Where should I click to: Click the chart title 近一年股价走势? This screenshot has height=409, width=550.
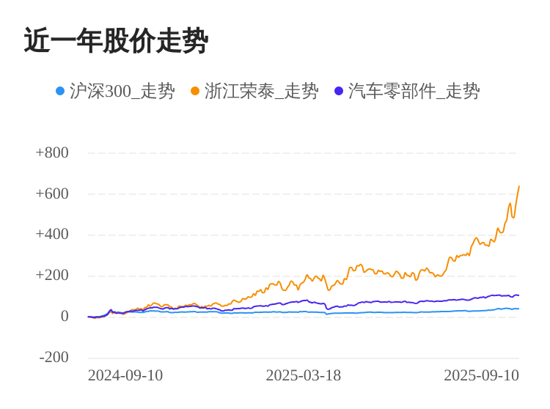[116, 41]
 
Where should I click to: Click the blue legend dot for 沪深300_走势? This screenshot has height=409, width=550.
[60, 91]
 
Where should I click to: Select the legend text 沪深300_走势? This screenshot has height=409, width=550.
[122, 91]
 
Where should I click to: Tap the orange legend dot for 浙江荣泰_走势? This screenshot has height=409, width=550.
[195, 91]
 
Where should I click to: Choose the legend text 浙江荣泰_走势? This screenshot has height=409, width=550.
[261, 91]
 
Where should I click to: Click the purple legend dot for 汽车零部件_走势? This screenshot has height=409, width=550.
[339, 91]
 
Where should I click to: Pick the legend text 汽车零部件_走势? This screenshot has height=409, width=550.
[414, 91]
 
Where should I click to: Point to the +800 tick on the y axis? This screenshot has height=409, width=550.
[52, 152]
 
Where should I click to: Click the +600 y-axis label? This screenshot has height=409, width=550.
[52, 194]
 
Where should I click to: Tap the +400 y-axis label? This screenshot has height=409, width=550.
[52, 235]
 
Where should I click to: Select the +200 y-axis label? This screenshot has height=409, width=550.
[52, 276]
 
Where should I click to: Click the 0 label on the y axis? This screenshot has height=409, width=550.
[65, 317]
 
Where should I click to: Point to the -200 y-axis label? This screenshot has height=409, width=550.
[54, 358]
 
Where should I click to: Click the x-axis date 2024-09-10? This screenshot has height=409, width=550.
[125, 376]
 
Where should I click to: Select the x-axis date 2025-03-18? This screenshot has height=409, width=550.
[304, 376]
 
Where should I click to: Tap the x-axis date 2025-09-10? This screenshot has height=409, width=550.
[481, 376]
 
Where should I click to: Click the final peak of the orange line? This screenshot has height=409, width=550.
[518, 186]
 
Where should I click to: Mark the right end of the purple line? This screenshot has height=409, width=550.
[518, 295]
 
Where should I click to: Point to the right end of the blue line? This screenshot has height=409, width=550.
[518, 309]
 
